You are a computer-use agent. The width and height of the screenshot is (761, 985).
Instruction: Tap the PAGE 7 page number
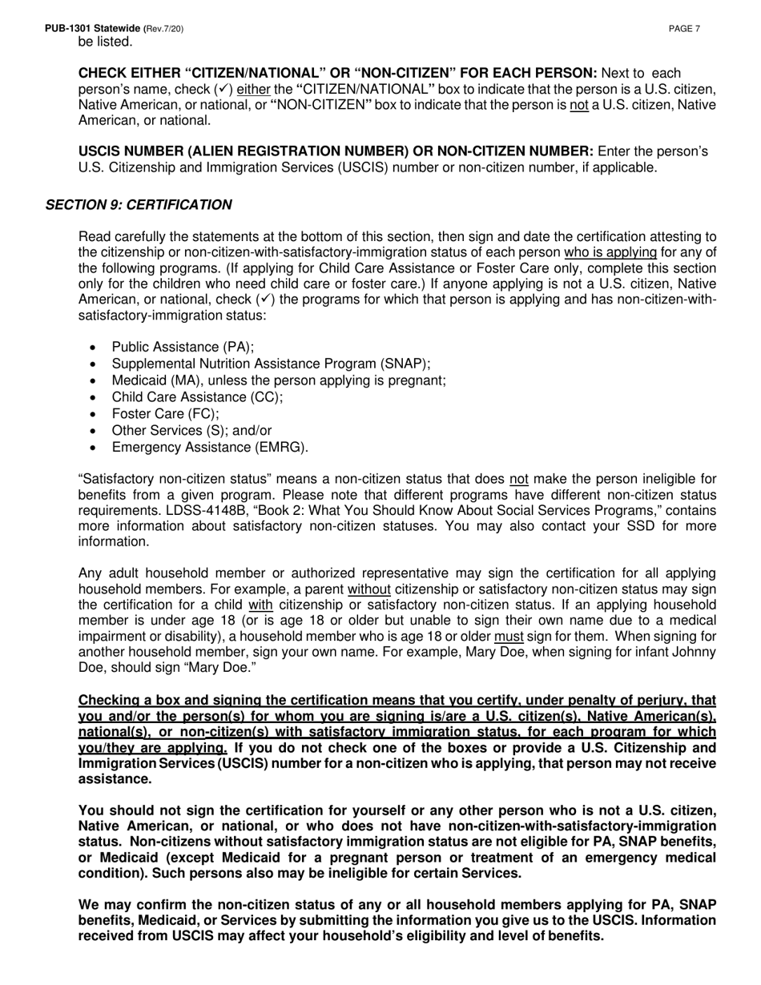click(684, 29)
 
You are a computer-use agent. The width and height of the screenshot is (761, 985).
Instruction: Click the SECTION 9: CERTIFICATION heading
click(139, 205)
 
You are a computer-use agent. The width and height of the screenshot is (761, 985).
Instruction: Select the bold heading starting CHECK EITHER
click(337, 73)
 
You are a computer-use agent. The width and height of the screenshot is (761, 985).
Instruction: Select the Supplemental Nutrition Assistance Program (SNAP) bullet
click(271, 364)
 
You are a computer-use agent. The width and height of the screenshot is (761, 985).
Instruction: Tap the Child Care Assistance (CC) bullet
click(197, 397)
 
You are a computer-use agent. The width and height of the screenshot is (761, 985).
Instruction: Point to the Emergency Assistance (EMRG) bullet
click(210, 448)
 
